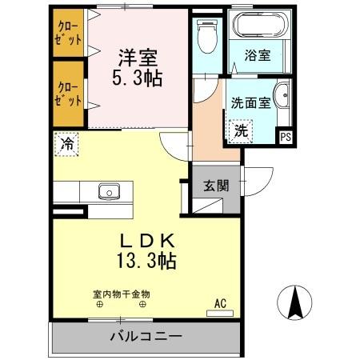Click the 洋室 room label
pyautogui.click(x=138, y=58)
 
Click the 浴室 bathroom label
pyautogui.click(x=258, y=57)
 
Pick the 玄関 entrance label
pyautogui.click(x=216, y=186)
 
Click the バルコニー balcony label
pyautogui.click(x=146, y=337)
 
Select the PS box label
pyautogui.click(x=285, y=137)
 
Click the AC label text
pyautogui.click(x=220, y=303)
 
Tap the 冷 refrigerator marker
pyautogui.click(x=67, y=146)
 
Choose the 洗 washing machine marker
pyautogui.click(x=239, y=131)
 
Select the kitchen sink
pyautogui.click(x=109, y=191)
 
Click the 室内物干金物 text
pyautogui.click(x=121, y=294)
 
